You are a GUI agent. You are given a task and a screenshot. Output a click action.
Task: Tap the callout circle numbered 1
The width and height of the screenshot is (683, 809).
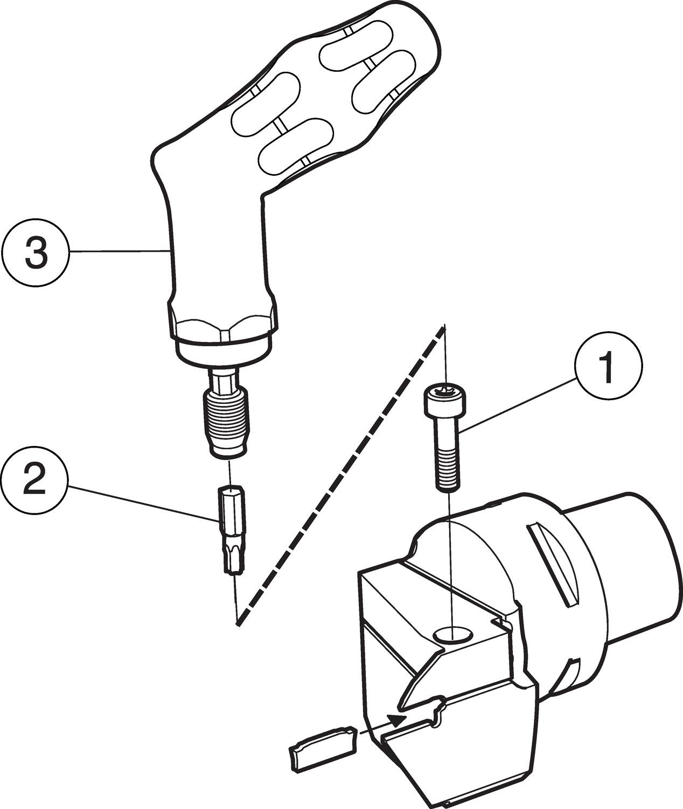click(608, 366)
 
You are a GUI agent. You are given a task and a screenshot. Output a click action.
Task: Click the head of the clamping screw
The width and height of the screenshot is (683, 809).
click(444, 400)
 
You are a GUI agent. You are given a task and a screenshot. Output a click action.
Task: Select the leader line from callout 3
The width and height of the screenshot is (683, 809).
click(120, 252)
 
